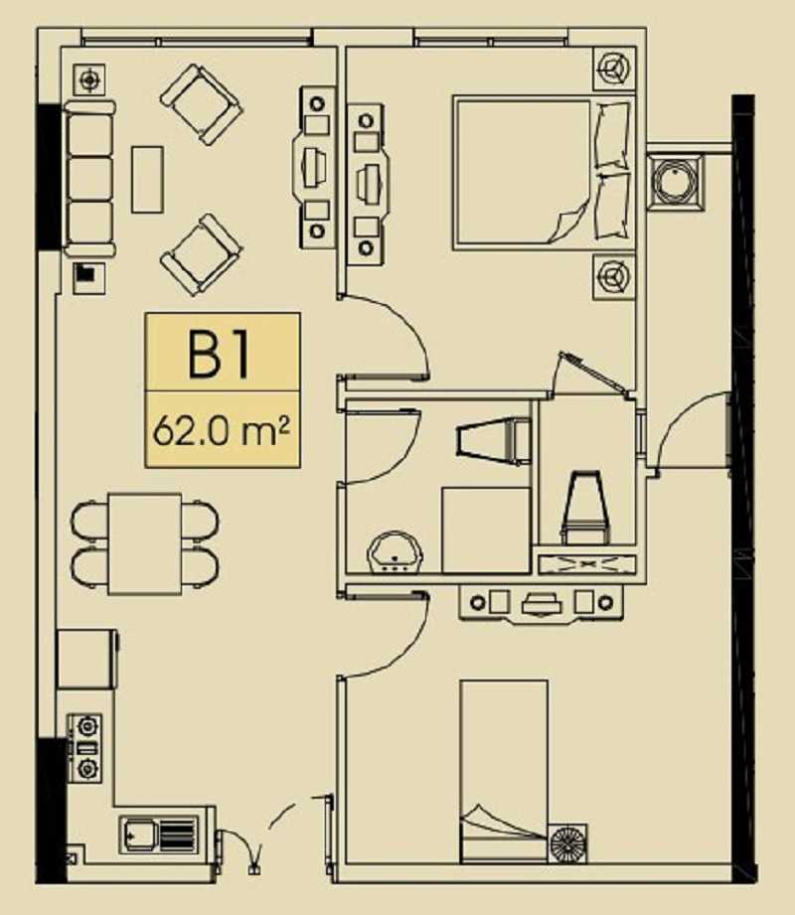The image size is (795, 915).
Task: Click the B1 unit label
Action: point(219,354)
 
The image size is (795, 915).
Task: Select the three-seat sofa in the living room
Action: point(89,179)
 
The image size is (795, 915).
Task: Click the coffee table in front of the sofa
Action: point(147,179)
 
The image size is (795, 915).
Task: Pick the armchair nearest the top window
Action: point(201,104)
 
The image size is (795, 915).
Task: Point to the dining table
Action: point(145,543)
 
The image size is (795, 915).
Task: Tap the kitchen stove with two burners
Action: point(85,748)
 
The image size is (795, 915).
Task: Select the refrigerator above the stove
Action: point(87,659)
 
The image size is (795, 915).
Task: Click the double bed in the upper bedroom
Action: point(544,172)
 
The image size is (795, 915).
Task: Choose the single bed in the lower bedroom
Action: point(504,771)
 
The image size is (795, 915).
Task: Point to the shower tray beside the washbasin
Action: point(486,530)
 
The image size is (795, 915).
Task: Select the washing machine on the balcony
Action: point(676,180)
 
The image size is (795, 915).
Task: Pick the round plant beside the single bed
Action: point(568,842)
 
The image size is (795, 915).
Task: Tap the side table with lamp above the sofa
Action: point(89,79)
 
